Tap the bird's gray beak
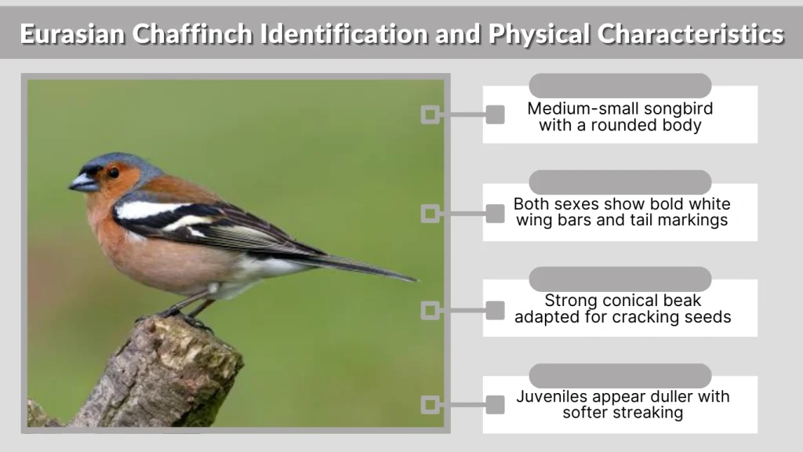tap(83, 183)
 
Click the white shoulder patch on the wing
tap(145, 210)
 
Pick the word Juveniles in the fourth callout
tap(554, 396)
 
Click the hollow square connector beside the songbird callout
tap(429, 115)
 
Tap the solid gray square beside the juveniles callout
tap(495, 405)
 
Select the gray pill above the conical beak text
tap(620, 279)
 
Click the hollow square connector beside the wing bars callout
tap(429, 213)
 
